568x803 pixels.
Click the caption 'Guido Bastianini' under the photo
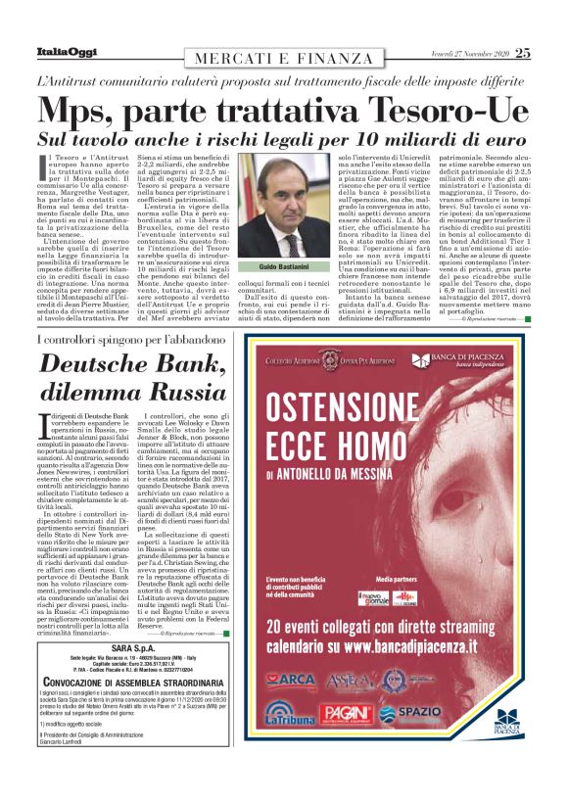[x=283, y=267]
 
